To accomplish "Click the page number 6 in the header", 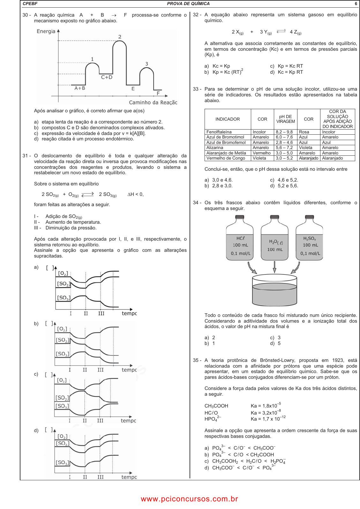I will pyautogui.click(x=356, y=4).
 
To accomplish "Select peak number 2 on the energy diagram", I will pyautogui.click(x=120, y=37).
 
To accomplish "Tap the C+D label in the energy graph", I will pyautogui.click(x=107, y=77).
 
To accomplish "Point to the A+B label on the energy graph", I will pyautogui.click(x=80, y=88).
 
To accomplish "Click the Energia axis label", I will pyautogui.click(x=46, y=31).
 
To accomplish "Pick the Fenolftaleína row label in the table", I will pyautogui.click(x=219, y=132).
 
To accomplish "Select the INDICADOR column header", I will pyautogui.click(x=228, y=119).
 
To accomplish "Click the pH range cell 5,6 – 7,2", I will pyautogui.click(x=284, y=148).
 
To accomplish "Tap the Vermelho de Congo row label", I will pyautogui.click(x=226, y=158).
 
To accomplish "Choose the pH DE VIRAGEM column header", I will pyautogui.click(x=285, y=119).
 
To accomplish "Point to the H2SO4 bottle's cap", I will pyautogui.click(x=309, y=217).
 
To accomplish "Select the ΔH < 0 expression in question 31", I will pyautogui.click(x=136, y=194).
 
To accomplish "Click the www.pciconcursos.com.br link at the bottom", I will pyautogui.click(x=189, y=499).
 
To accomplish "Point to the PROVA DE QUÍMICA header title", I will pyautogui.click(x=188, y=4).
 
